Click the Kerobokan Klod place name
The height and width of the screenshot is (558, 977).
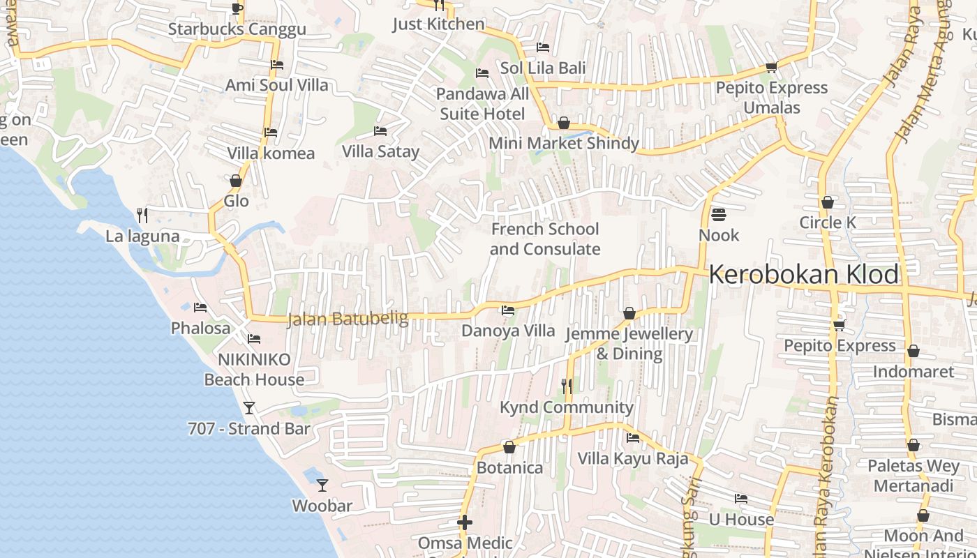804,274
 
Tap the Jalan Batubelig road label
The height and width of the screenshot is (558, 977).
348,319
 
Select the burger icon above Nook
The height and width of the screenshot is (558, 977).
718,214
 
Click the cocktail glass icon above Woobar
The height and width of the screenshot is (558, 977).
322,485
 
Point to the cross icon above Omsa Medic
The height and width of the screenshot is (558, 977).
465,522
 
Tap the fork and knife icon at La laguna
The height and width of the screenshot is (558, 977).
142,215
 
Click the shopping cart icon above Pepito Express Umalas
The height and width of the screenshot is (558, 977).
771,67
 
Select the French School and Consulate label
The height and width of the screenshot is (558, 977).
545,239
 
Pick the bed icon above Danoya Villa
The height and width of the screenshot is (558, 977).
508,310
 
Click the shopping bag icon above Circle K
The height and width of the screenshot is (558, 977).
828,202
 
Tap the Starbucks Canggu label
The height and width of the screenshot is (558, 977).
237,29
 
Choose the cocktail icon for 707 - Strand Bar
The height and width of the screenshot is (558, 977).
248,407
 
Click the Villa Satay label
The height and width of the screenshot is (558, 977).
380,151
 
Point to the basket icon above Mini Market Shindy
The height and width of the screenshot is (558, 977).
564,123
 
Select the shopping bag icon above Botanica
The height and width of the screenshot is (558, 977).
509,447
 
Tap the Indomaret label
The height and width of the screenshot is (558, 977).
913,371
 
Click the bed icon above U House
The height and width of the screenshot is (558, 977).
741,499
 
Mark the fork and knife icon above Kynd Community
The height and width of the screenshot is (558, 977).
567,385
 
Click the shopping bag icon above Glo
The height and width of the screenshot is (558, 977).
236,181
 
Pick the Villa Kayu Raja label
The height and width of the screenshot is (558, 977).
632,458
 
